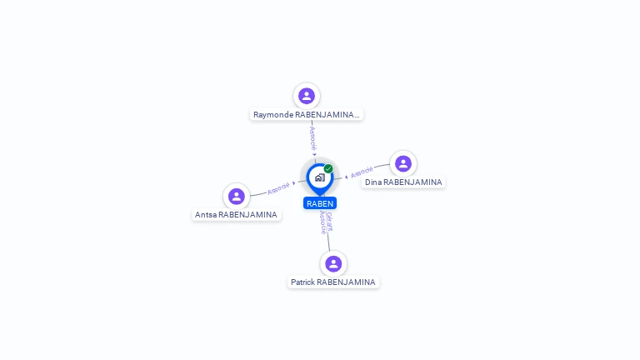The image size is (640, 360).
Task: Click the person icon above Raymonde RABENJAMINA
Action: click(x=307, y=96)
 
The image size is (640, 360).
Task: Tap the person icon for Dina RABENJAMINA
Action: click(x=403, y=163)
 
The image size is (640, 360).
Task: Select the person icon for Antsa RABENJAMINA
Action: click(x=237, y=197)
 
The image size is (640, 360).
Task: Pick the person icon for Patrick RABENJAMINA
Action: click(x=333, y=263)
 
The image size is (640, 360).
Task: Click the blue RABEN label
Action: click(x=320, y=203)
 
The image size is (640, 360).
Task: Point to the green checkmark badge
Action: click(x=328, y=168)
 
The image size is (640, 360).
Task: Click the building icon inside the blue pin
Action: click(x=320, y=177)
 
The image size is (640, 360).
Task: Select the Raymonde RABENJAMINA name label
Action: click(x=307, y=115)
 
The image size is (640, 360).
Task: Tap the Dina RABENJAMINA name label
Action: click(x=403, y=182)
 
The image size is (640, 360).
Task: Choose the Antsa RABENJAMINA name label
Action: click(x=237, y=215)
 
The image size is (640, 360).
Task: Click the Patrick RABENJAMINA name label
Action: click(x=333, y=282)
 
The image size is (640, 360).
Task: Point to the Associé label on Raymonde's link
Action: click(x=312, y=138)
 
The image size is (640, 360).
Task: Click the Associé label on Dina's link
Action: click(x=362, y=172)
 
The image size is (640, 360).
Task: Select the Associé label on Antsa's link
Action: click(x=278, y=188)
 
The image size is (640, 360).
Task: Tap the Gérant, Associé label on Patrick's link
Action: click(x=326, y=222)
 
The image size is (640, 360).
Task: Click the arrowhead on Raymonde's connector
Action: click(x=314, y=154)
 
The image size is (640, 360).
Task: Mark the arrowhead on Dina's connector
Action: click(x=346, y=177)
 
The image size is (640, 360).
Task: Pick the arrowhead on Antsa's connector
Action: click(x=294, y=183)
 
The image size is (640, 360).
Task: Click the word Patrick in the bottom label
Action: click(x=302, y=282)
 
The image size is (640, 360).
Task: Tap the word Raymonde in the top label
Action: click(x=273, y=115)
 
